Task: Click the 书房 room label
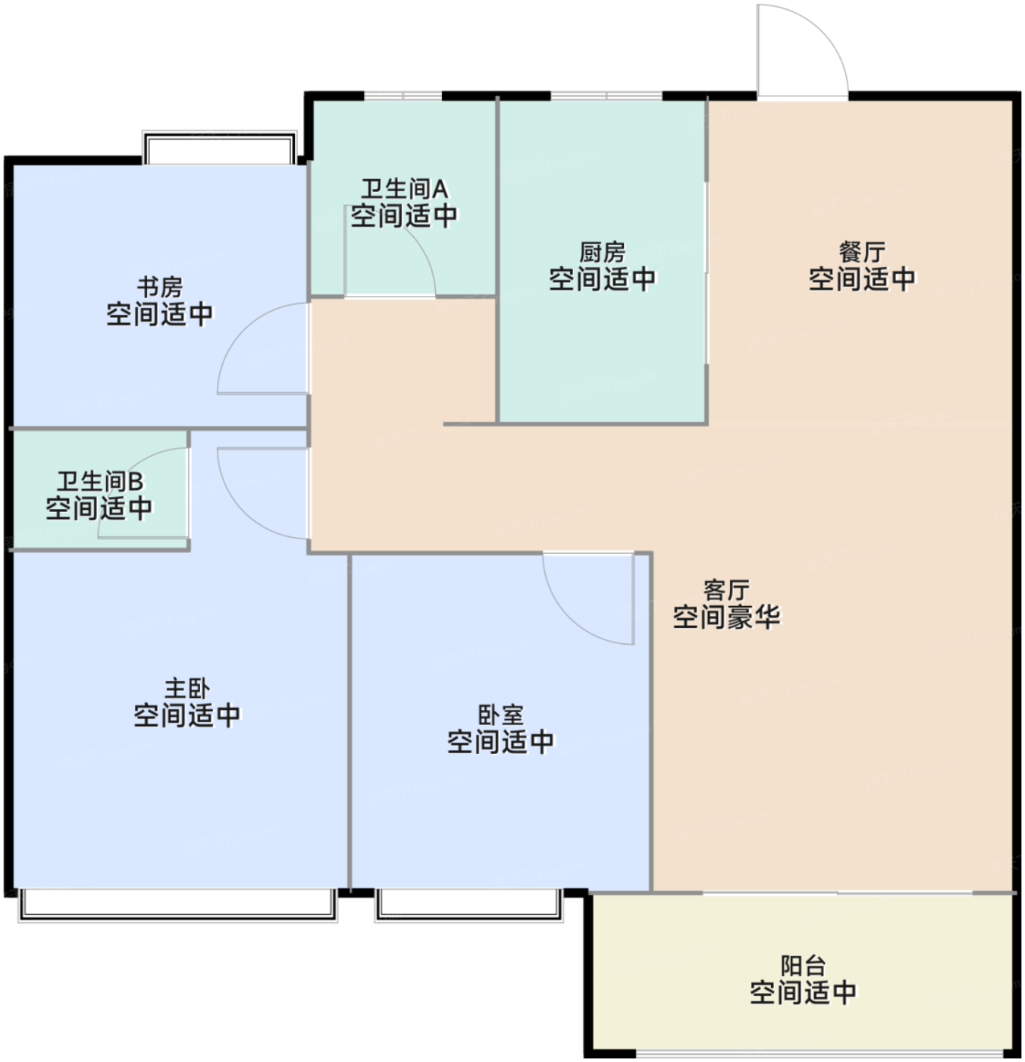159,287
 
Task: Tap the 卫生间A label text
404,190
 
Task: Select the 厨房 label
602,252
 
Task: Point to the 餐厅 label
862,252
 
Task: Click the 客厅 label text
726,590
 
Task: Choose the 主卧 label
187,688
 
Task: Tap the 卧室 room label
501,715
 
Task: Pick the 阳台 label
803,966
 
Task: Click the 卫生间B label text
100,482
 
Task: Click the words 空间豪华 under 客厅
726,617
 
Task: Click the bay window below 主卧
178,906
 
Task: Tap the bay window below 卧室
469,906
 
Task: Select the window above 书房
219,147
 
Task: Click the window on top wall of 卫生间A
403,96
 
